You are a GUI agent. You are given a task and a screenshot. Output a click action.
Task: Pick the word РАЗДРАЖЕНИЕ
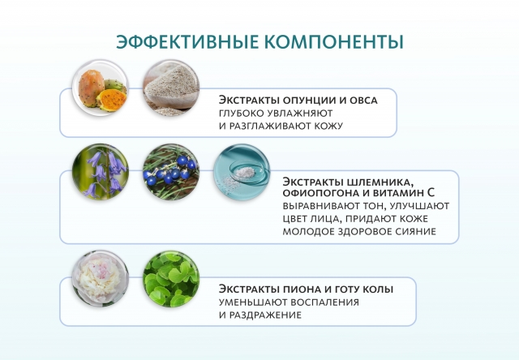[267, 315]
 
